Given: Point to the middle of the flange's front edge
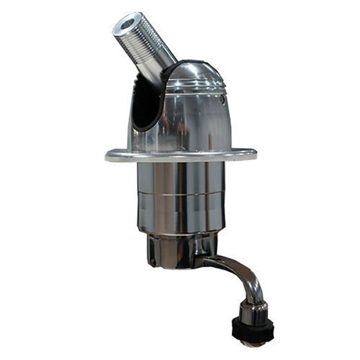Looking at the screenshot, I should [181, 159].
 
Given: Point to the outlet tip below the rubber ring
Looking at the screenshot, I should [253, 343].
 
